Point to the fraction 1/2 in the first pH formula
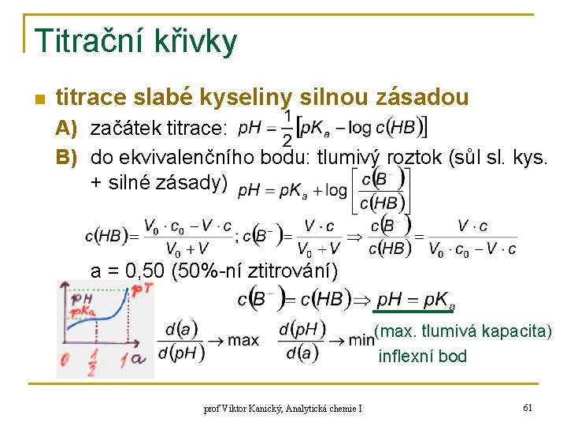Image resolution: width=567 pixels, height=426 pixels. [287, 128]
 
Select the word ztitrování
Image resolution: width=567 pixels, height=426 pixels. [291, 272]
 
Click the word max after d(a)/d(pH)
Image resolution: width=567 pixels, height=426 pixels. [243, 340]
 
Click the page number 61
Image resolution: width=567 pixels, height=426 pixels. [528, 408]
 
